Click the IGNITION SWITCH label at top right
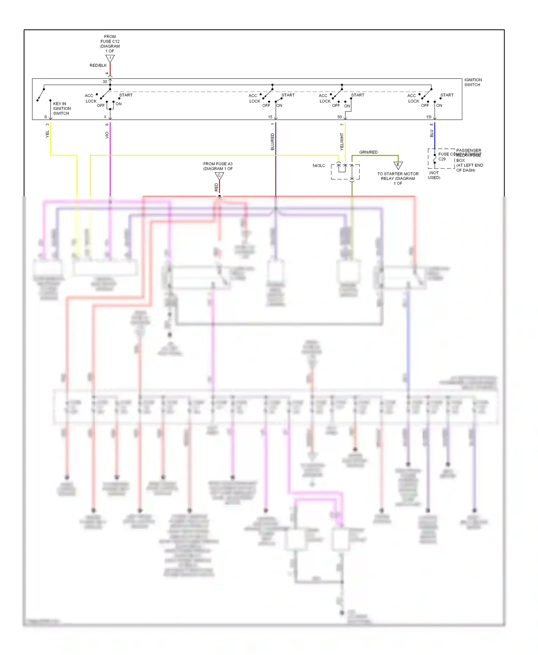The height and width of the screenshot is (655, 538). [473, 82]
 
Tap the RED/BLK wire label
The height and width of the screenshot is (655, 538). [98, 66]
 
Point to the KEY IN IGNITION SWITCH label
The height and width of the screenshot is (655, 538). [62, 109]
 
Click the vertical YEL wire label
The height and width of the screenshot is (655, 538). [47, 134]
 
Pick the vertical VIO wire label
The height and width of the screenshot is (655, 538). [107, 135]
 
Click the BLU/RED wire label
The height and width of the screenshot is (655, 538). [272, 142]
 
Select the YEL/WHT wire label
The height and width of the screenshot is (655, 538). [342, 142]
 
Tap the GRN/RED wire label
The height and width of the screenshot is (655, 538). [368, 152]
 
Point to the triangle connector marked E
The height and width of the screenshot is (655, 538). [398, 165]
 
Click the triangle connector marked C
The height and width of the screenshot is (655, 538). [219, 176]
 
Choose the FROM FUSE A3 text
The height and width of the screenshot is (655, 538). [218, 166]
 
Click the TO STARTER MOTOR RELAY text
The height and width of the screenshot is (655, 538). [398, 178]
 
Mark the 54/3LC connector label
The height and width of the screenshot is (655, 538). [318, 166]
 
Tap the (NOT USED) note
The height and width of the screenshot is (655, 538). [434, 175]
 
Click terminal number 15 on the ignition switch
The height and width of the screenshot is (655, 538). [270, 117]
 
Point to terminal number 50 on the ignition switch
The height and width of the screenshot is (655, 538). [339, 117]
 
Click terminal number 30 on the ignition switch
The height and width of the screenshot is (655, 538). [105, 82]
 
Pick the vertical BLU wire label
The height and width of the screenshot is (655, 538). [431, 134]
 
